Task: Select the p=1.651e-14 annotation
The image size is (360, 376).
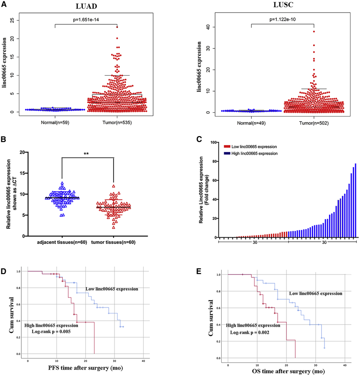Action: coord(86,20)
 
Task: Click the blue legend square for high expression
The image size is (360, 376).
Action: coord(227,154)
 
